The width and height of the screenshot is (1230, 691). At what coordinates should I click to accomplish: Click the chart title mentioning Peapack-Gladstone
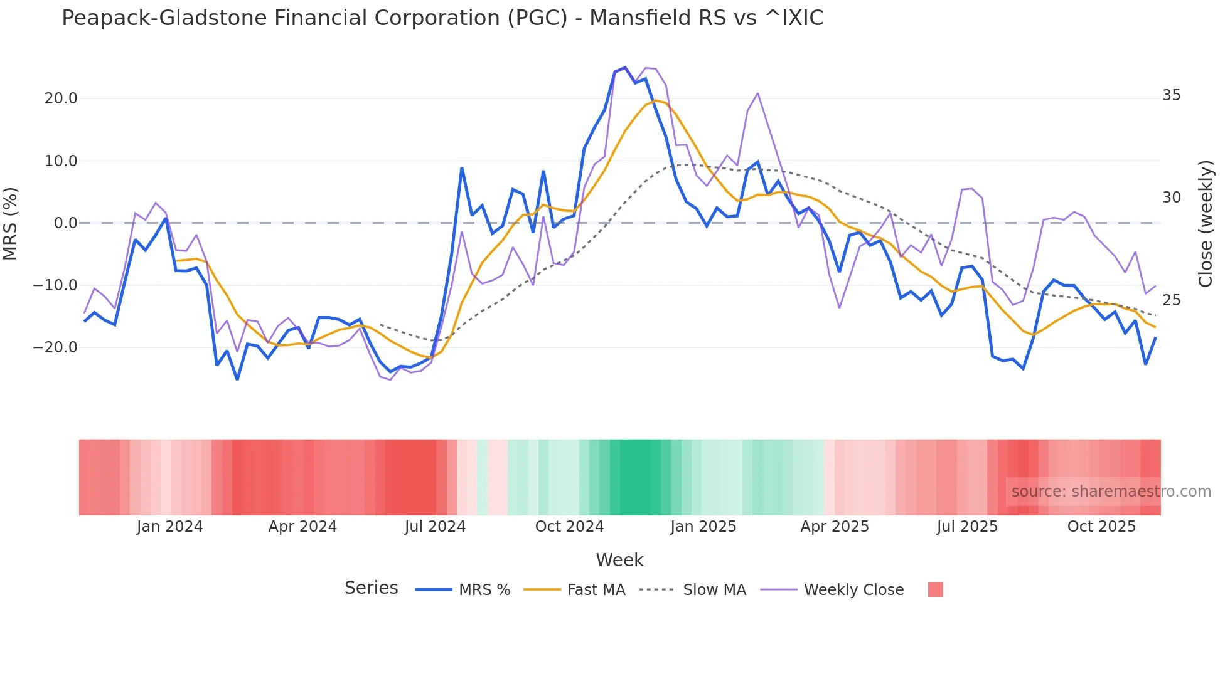coord(442,18)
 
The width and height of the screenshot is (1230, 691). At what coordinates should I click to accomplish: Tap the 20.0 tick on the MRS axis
coord(61,98)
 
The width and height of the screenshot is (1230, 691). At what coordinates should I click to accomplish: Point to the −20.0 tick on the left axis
coord(56,347)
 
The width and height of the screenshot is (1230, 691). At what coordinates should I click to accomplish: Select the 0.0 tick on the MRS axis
coord(66,223)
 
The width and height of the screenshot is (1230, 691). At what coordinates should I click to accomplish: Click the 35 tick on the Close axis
coord(1171,95)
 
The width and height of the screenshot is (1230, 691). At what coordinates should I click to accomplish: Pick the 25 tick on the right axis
coord(1171,300)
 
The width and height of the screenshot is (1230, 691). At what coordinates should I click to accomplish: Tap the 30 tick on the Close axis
coord(1171,198)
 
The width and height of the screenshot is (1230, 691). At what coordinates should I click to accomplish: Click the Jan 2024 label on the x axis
coord(169,527)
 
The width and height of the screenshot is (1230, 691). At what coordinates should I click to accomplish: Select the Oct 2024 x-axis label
coord(569,527)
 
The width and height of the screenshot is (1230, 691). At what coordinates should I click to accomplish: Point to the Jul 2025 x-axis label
coord(967,527)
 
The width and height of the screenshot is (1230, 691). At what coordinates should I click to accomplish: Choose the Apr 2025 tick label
coord(835,527)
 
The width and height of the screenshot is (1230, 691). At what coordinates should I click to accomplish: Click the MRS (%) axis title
coord(11,223)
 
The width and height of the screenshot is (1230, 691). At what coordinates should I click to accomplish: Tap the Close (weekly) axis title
coord(1205,223)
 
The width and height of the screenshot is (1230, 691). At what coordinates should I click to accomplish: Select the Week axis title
coord(619,560)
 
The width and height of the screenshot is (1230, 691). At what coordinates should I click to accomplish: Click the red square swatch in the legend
coord(935,589)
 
